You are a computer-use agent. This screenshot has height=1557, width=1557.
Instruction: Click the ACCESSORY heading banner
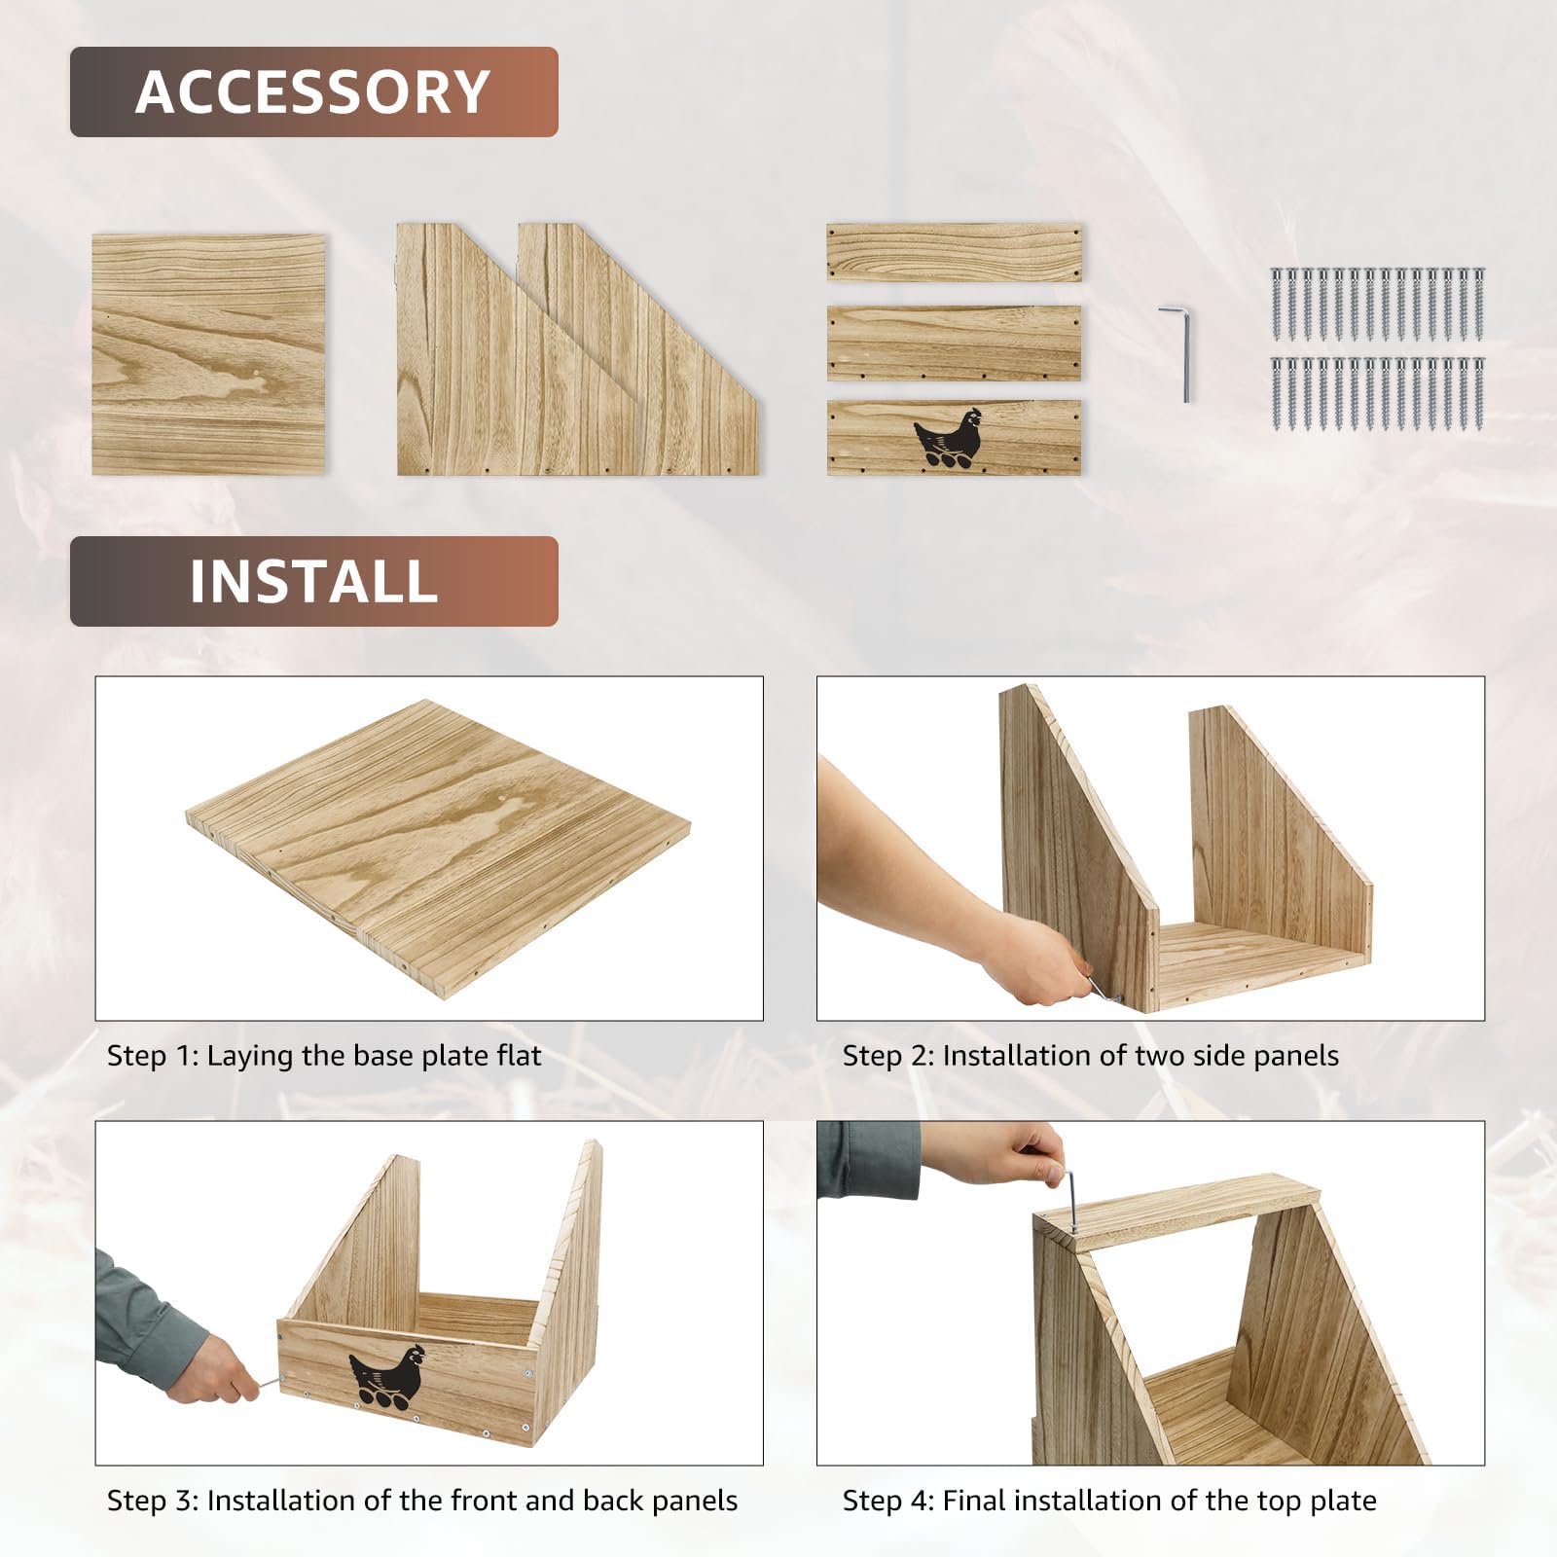click(313, 91)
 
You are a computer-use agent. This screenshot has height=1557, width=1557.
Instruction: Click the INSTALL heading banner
click(313, 581)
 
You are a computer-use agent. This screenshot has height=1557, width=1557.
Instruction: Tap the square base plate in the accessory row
click(208, 354)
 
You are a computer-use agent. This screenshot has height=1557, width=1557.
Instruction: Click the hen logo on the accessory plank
click(948, 435)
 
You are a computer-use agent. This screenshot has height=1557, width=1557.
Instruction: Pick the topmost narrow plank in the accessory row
click(954, 253)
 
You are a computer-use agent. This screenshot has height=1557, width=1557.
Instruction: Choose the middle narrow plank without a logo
click(954, 343)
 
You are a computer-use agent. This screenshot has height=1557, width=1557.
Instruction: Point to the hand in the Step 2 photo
click(1032, 959)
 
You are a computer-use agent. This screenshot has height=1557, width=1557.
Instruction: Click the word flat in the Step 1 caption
click(513, 1056)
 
